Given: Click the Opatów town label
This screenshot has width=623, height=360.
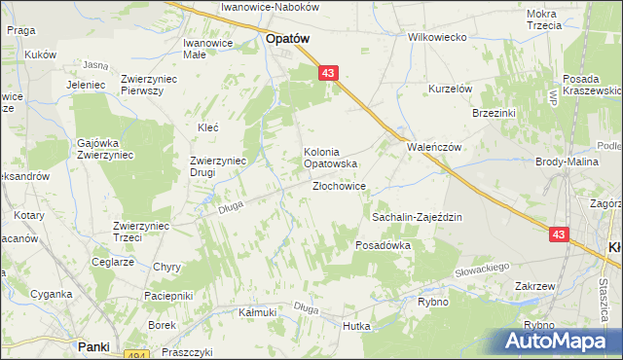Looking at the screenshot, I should click(287, 40).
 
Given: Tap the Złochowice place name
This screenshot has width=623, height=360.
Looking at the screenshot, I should click(339, 187).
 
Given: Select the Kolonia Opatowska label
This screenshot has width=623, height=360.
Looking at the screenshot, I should click(332, 158).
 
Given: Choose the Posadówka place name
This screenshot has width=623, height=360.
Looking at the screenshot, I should click(384, 246).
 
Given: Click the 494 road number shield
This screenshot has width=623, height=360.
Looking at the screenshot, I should click(137, 355).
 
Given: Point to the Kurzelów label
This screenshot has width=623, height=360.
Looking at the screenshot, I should click(451, 89).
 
